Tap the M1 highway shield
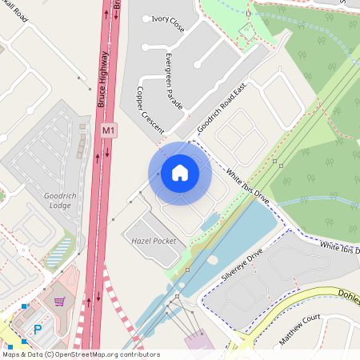109,130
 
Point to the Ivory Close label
167,23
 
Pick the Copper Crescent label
150,110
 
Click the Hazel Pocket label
148,240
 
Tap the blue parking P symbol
37,329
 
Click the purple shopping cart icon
59,302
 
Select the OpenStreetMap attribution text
81,354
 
